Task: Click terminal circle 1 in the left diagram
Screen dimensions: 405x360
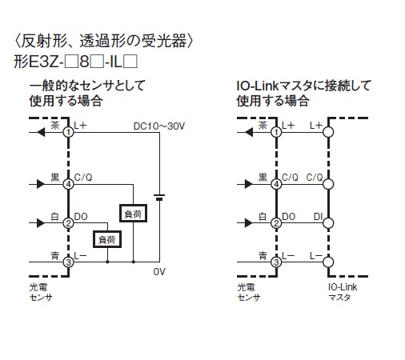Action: click(x=69, y=132)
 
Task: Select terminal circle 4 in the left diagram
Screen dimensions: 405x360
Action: click(x=69, y=184)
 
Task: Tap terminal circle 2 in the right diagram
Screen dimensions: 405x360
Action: click(x=276, y=223)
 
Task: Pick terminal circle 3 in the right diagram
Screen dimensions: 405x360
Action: click(x=276, y=262)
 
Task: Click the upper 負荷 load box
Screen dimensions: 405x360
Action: click(x=133, y=214)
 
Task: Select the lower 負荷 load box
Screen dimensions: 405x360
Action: click(x=107, y=239)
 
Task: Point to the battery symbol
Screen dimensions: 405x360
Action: click(x=159, y=198)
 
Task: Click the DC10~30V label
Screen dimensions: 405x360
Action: click(x=159, y=126)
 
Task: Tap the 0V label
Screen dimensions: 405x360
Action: click(x=159, y=272)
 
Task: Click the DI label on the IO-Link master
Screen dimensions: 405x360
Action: click(x=319, y=217)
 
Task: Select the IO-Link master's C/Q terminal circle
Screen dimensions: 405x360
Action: click(x=328, y=184)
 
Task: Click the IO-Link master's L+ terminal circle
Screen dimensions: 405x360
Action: click(x=328, y=132)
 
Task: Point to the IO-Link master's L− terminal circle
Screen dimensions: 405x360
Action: click(x=328, y=262)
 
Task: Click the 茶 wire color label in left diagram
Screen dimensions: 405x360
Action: click(x=55, y=125)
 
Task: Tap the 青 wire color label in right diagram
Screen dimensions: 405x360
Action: click(x=263, y=256)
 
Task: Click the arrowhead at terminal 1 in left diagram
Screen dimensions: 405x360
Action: click(x=41, y=132)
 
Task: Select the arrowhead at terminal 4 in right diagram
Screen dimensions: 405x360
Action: click(x=249, y=184)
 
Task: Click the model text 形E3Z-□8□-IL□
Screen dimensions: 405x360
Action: click(x=76, y=62)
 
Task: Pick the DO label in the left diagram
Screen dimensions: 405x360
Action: click(x=81, y=217)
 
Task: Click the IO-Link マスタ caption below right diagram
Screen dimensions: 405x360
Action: click(x=343, y=292)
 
